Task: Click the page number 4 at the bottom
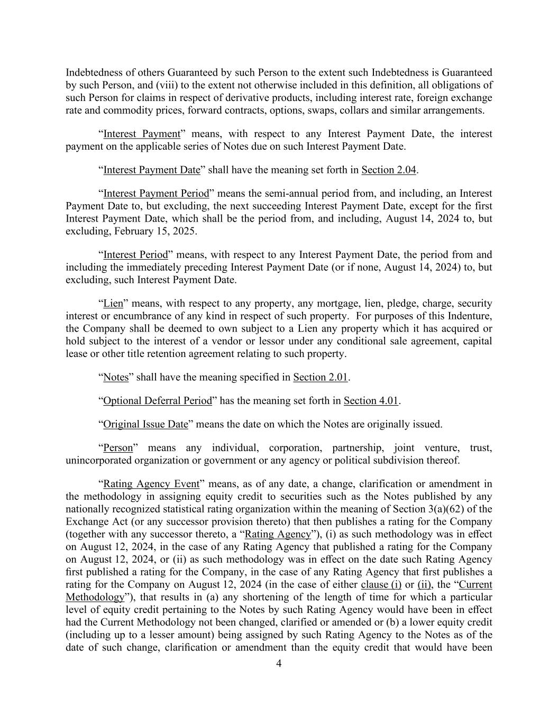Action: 279,664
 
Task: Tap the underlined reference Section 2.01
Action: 321,378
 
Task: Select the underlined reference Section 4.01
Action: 371,401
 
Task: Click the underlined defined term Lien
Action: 113,304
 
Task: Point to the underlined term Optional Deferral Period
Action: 157,401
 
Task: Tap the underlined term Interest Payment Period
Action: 156,194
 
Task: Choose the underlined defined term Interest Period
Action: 135,255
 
